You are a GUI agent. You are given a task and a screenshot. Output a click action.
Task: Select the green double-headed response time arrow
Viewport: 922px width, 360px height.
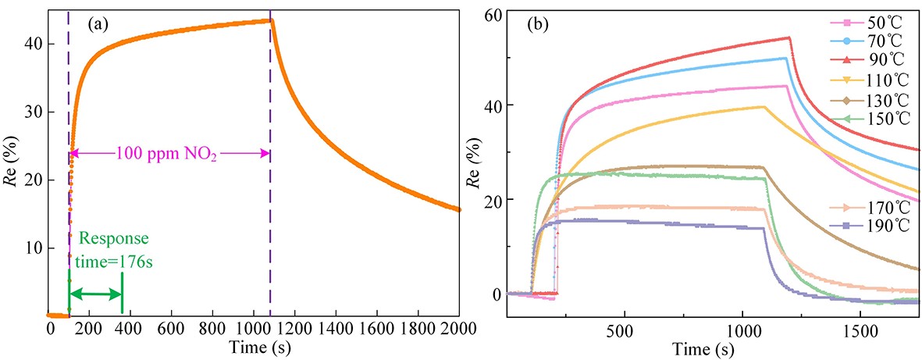point(95,294)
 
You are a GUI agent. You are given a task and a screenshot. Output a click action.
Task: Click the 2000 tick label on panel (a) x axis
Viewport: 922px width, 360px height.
point(457,329)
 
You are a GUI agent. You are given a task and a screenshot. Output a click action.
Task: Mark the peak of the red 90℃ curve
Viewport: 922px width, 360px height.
point(789,37)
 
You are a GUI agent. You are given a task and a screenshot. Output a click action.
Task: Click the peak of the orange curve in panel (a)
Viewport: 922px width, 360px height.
point(270,20)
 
